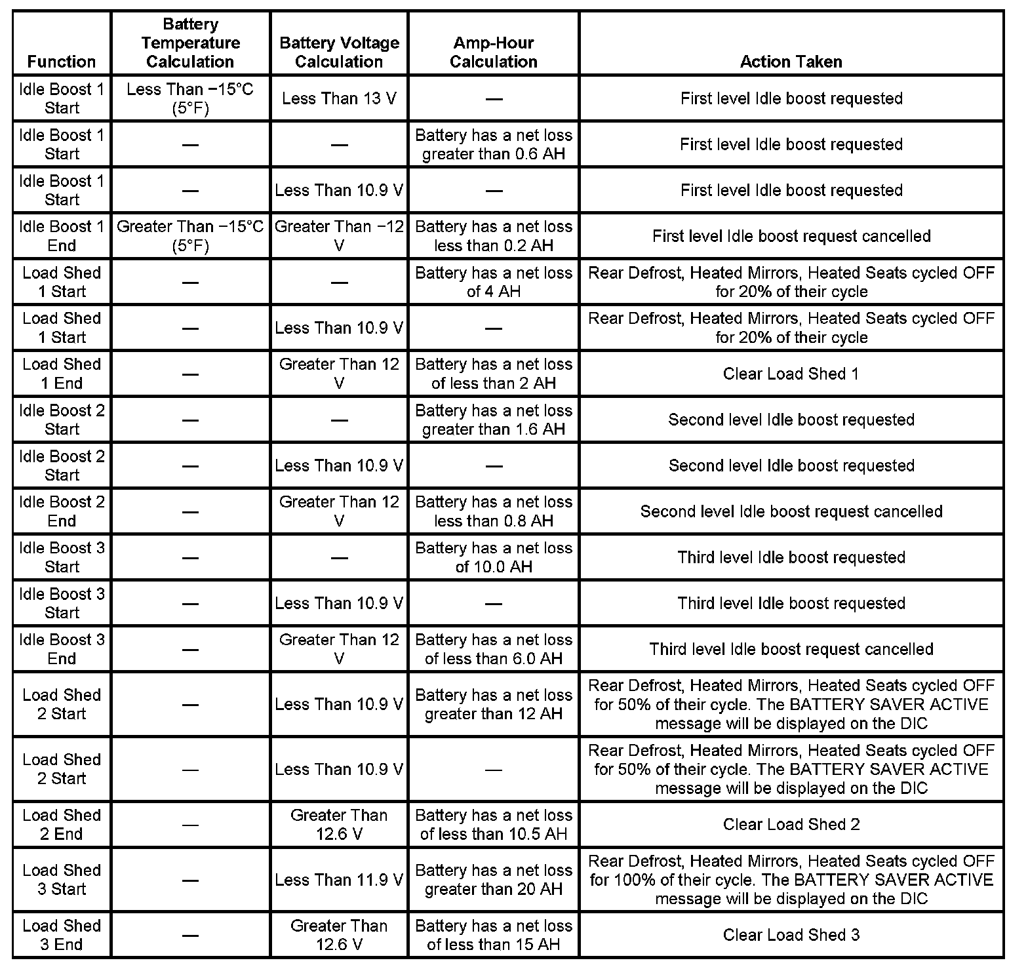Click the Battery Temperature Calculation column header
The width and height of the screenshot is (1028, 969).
click(190, 43)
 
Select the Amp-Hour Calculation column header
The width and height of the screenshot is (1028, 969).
click(493, 52)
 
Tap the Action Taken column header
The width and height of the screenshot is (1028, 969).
click(791, 62)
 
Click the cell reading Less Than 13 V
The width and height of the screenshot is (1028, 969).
click(339, 98)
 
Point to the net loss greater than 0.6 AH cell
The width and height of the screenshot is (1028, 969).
click(493, 144)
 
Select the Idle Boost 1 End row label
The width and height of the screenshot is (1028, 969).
click(62, 236)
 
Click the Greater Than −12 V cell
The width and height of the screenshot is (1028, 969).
click(339, 236)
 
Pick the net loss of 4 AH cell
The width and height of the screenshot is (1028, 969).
click(493, 282)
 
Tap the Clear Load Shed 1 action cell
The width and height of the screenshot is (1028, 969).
click(791, 374)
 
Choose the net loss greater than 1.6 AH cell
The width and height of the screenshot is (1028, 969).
click(493, 420)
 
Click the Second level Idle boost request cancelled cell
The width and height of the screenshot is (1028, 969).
click(791, 511)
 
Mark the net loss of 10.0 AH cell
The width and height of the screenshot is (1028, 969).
click(493, 557)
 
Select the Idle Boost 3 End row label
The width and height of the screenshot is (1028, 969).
click(62, 649)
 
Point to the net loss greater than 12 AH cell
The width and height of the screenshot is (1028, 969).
click(493, 704)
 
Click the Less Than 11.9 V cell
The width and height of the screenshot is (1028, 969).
click(339, 880)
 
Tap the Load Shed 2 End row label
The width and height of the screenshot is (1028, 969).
click(62, 824)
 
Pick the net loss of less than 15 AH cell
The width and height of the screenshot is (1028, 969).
click(493, 935)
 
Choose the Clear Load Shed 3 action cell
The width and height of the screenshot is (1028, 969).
click(791, 935)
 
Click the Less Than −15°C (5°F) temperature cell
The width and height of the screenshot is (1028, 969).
click(190, 98)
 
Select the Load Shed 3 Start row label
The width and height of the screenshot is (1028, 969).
click(62, 880)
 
